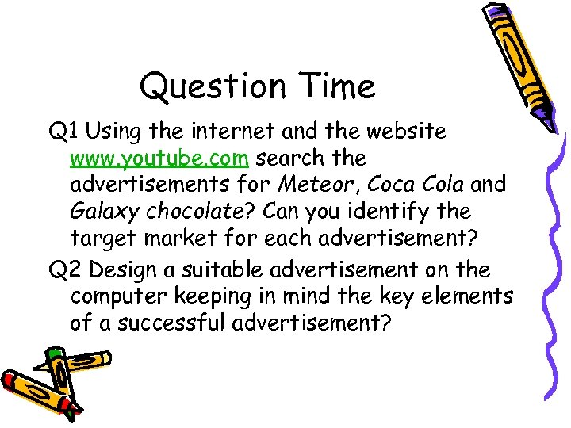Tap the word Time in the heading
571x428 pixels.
click(333, 86)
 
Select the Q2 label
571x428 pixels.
click(65, 270)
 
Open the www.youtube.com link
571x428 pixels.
click(159, 159)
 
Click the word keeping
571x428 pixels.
click(214, 298)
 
